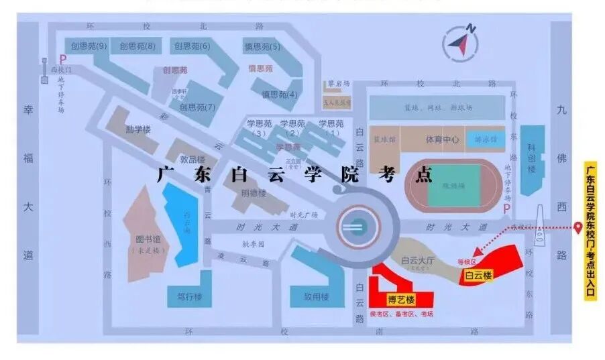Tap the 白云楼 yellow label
pos(479,275)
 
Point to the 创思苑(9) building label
pos(85,46)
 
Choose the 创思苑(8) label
pos(137,46)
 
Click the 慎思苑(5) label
pos(262,46)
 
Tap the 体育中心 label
pos(443,139)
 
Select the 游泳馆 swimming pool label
pos(485,139)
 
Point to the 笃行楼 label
pos(190,296)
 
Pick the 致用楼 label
pos(316,296)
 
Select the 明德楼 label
pos(254,193)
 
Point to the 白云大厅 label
pos(419,260)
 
